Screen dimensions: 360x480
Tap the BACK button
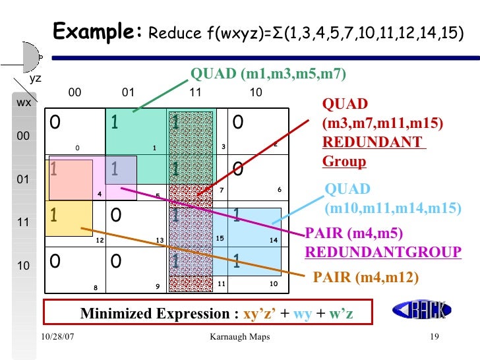(420, 309)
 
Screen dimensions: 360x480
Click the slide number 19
(434, 338)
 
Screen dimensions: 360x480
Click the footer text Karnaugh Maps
(239, 338)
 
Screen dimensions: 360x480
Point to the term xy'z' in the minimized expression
(261, 313)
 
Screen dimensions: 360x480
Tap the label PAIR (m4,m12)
(365, 278)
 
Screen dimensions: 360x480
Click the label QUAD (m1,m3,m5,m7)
(268, 73)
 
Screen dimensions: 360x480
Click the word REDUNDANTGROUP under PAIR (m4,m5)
(383, 252)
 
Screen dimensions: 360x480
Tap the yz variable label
(36, 78)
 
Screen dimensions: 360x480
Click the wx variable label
(24, 103)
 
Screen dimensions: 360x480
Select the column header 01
(129, 93)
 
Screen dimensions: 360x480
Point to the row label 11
(24, 223)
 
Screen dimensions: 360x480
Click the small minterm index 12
(100, 241)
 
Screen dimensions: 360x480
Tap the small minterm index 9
(158, 286)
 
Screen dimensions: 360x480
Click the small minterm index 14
(274, 241)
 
